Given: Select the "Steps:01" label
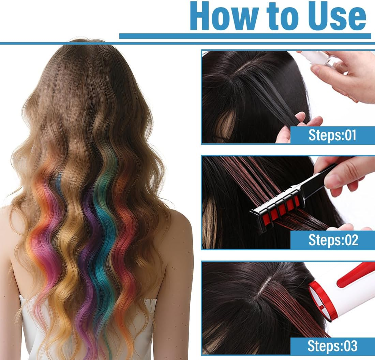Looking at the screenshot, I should (332, 135).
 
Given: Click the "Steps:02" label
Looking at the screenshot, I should (333, 240).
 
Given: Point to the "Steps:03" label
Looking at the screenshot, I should (332, 346).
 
